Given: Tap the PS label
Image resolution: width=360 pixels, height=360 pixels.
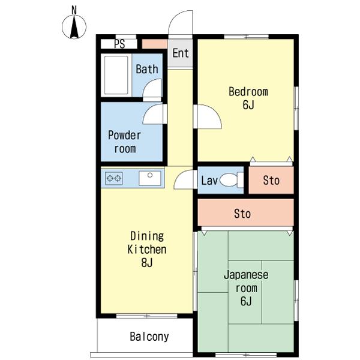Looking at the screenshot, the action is click(119, 44).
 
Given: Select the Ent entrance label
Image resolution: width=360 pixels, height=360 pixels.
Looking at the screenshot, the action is click(181, 53).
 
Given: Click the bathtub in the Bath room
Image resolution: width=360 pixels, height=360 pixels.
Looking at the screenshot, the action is click(116, 75).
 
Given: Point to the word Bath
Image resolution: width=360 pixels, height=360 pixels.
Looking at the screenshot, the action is click(147, 69).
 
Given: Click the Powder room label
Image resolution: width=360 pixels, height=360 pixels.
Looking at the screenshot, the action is click(124, 142).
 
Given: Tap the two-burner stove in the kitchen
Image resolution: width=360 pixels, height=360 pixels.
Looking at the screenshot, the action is click(113, 178).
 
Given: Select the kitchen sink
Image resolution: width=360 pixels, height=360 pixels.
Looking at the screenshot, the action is click(150, 178).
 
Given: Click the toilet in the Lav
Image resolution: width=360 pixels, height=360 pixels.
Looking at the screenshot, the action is click(232, 180).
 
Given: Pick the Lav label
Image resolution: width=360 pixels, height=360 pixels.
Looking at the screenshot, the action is click(209, 181).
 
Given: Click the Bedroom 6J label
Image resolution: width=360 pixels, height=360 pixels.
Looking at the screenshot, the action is click(248, 98).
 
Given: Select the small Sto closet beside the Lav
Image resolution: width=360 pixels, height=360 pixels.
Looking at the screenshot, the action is click(271, 180).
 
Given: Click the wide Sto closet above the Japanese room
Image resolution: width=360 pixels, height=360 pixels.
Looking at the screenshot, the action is click(245, 212).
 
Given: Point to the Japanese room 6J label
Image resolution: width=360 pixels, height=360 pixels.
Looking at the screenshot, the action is click(246, 288).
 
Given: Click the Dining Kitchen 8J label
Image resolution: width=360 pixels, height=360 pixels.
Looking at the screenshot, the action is click(147, 250).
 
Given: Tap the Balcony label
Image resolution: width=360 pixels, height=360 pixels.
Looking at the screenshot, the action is click(149, 337).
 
